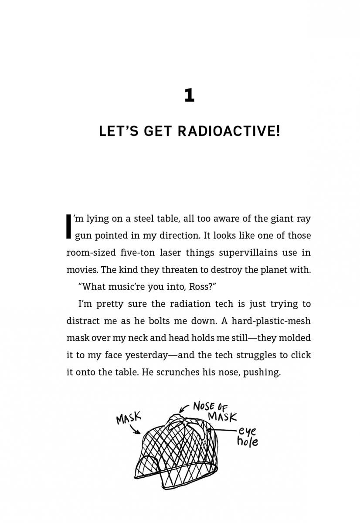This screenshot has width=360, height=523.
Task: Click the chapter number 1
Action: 189,95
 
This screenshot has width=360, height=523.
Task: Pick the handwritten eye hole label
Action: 248,436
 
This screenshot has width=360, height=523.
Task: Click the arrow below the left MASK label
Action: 135,430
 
